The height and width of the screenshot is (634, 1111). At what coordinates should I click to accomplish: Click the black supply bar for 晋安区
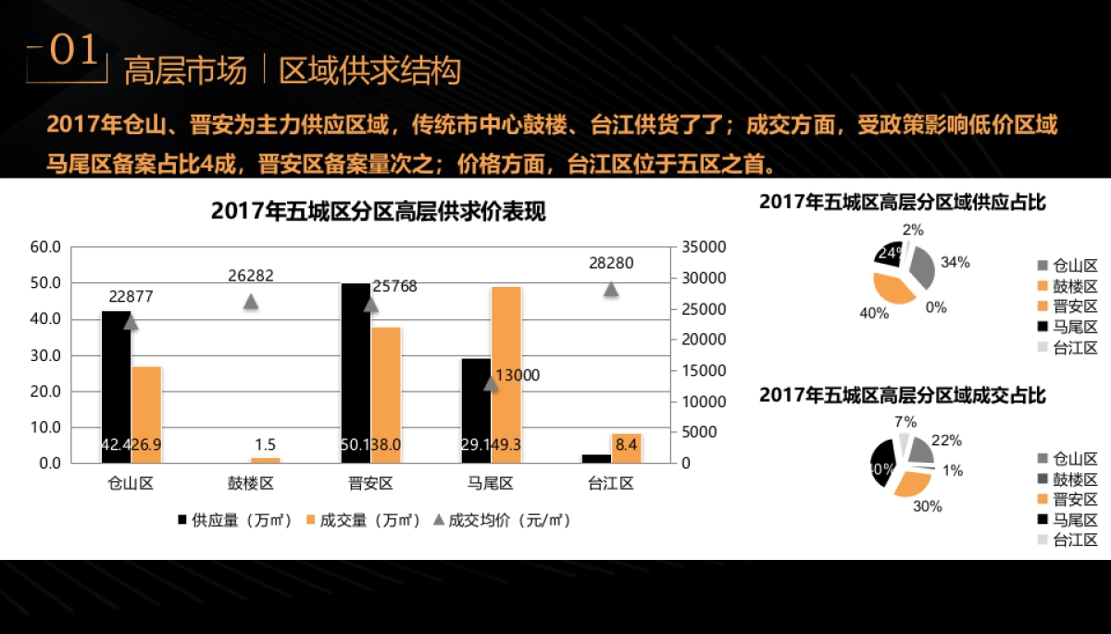click(x=356, y=370)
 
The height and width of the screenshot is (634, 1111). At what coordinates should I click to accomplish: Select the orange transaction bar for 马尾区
click(x=506, y=370)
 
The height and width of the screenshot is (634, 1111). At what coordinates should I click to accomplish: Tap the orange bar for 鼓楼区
click(x=265, y=459)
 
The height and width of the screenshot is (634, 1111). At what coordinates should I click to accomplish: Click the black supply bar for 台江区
click(x=595, y=458)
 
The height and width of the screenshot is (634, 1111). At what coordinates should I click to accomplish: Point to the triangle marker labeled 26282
click(x=250, y=301)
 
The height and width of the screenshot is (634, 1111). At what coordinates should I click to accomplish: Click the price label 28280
click(x=611, y=263)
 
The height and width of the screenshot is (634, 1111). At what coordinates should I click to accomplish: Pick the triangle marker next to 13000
click(x=491, y=382)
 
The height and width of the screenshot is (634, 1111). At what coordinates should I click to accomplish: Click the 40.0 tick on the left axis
click(x=45, y=319)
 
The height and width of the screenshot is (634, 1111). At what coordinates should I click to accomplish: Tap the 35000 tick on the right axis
click(x=700, y=247)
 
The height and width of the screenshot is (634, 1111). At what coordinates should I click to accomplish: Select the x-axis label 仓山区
click(x=131, y=483)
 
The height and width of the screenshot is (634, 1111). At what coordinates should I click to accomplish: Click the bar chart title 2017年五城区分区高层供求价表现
click(x=378, y=212)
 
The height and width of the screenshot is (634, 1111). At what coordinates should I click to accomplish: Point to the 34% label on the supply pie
click(x=955, y=262)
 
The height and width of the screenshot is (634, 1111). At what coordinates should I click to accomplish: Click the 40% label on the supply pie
click(x=873, y=313)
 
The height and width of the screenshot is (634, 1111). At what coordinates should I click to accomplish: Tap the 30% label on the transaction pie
click(x=927, y=506)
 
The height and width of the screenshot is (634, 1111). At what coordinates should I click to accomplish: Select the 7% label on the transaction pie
click(x=905, y=422)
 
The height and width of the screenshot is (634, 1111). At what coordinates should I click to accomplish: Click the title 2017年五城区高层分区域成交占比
click(x=903, y=395)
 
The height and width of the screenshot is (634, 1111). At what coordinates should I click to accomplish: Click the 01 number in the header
click(x=72, y=52)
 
